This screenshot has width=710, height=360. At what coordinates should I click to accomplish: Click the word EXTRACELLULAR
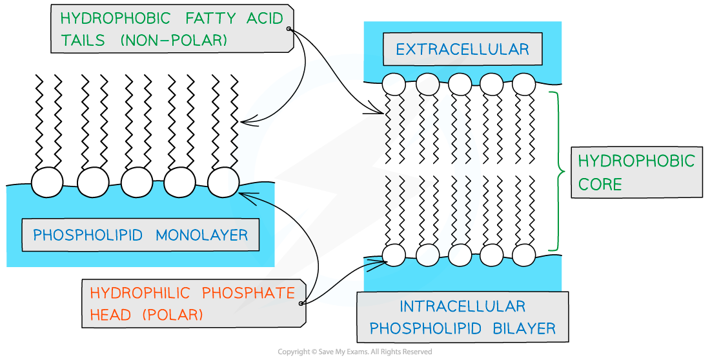(x=462, y=50)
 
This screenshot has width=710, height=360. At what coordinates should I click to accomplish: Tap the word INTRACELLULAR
(x=462, y=306)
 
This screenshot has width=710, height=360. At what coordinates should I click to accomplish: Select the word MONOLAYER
(x=202, y=234)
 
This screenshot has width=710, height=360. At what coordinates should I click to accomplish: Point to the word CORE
(x=600, y=184)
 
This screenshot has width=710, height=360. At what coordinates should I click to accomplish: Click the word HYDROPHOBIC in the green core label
(x=636, y=161)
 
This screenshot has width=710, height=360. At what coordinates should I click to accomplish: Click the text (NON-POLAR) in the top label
(x=174, y=40)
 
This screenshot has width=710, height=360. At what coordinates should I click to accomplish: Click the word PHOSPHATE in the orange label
(x=249, y=293)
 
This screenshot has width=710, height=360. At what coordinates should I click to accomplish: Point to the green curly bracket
(x=557, y=171)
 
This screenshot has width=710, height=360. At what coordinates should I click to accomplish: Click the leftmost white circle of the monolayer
(x=47, y=183)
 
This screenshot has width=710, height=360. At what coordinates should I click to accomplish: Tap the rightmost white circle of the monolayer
(x=223, y=183)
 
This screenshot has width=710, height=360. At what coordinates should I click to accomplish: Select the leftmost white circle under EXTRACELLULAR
(x=394, y=84)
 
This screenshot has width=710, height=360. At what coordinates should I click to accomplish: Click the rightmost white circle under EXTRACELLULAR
(x=524, y=84)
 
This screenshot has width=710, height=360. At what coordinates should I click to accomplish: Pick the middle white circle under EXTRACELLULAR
(x=460, y=84)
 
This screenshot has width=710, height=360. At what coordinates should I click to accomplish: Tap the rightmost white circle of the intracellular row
(x=524, y=255)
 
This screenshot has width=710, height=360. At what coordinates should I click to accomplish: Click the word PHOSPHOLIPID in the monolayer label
(x=88, y=234)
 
